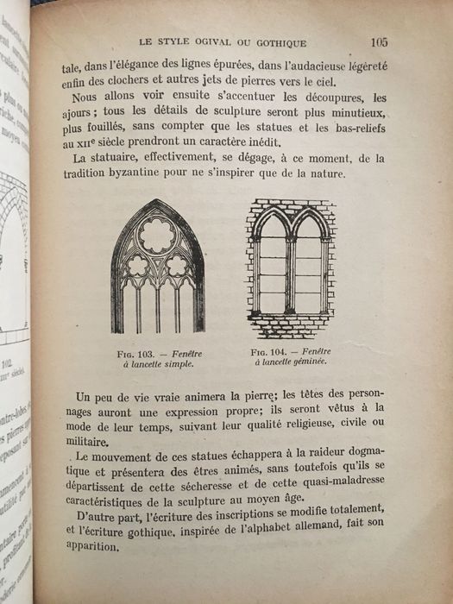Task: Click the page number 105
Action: pos(379,41)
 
